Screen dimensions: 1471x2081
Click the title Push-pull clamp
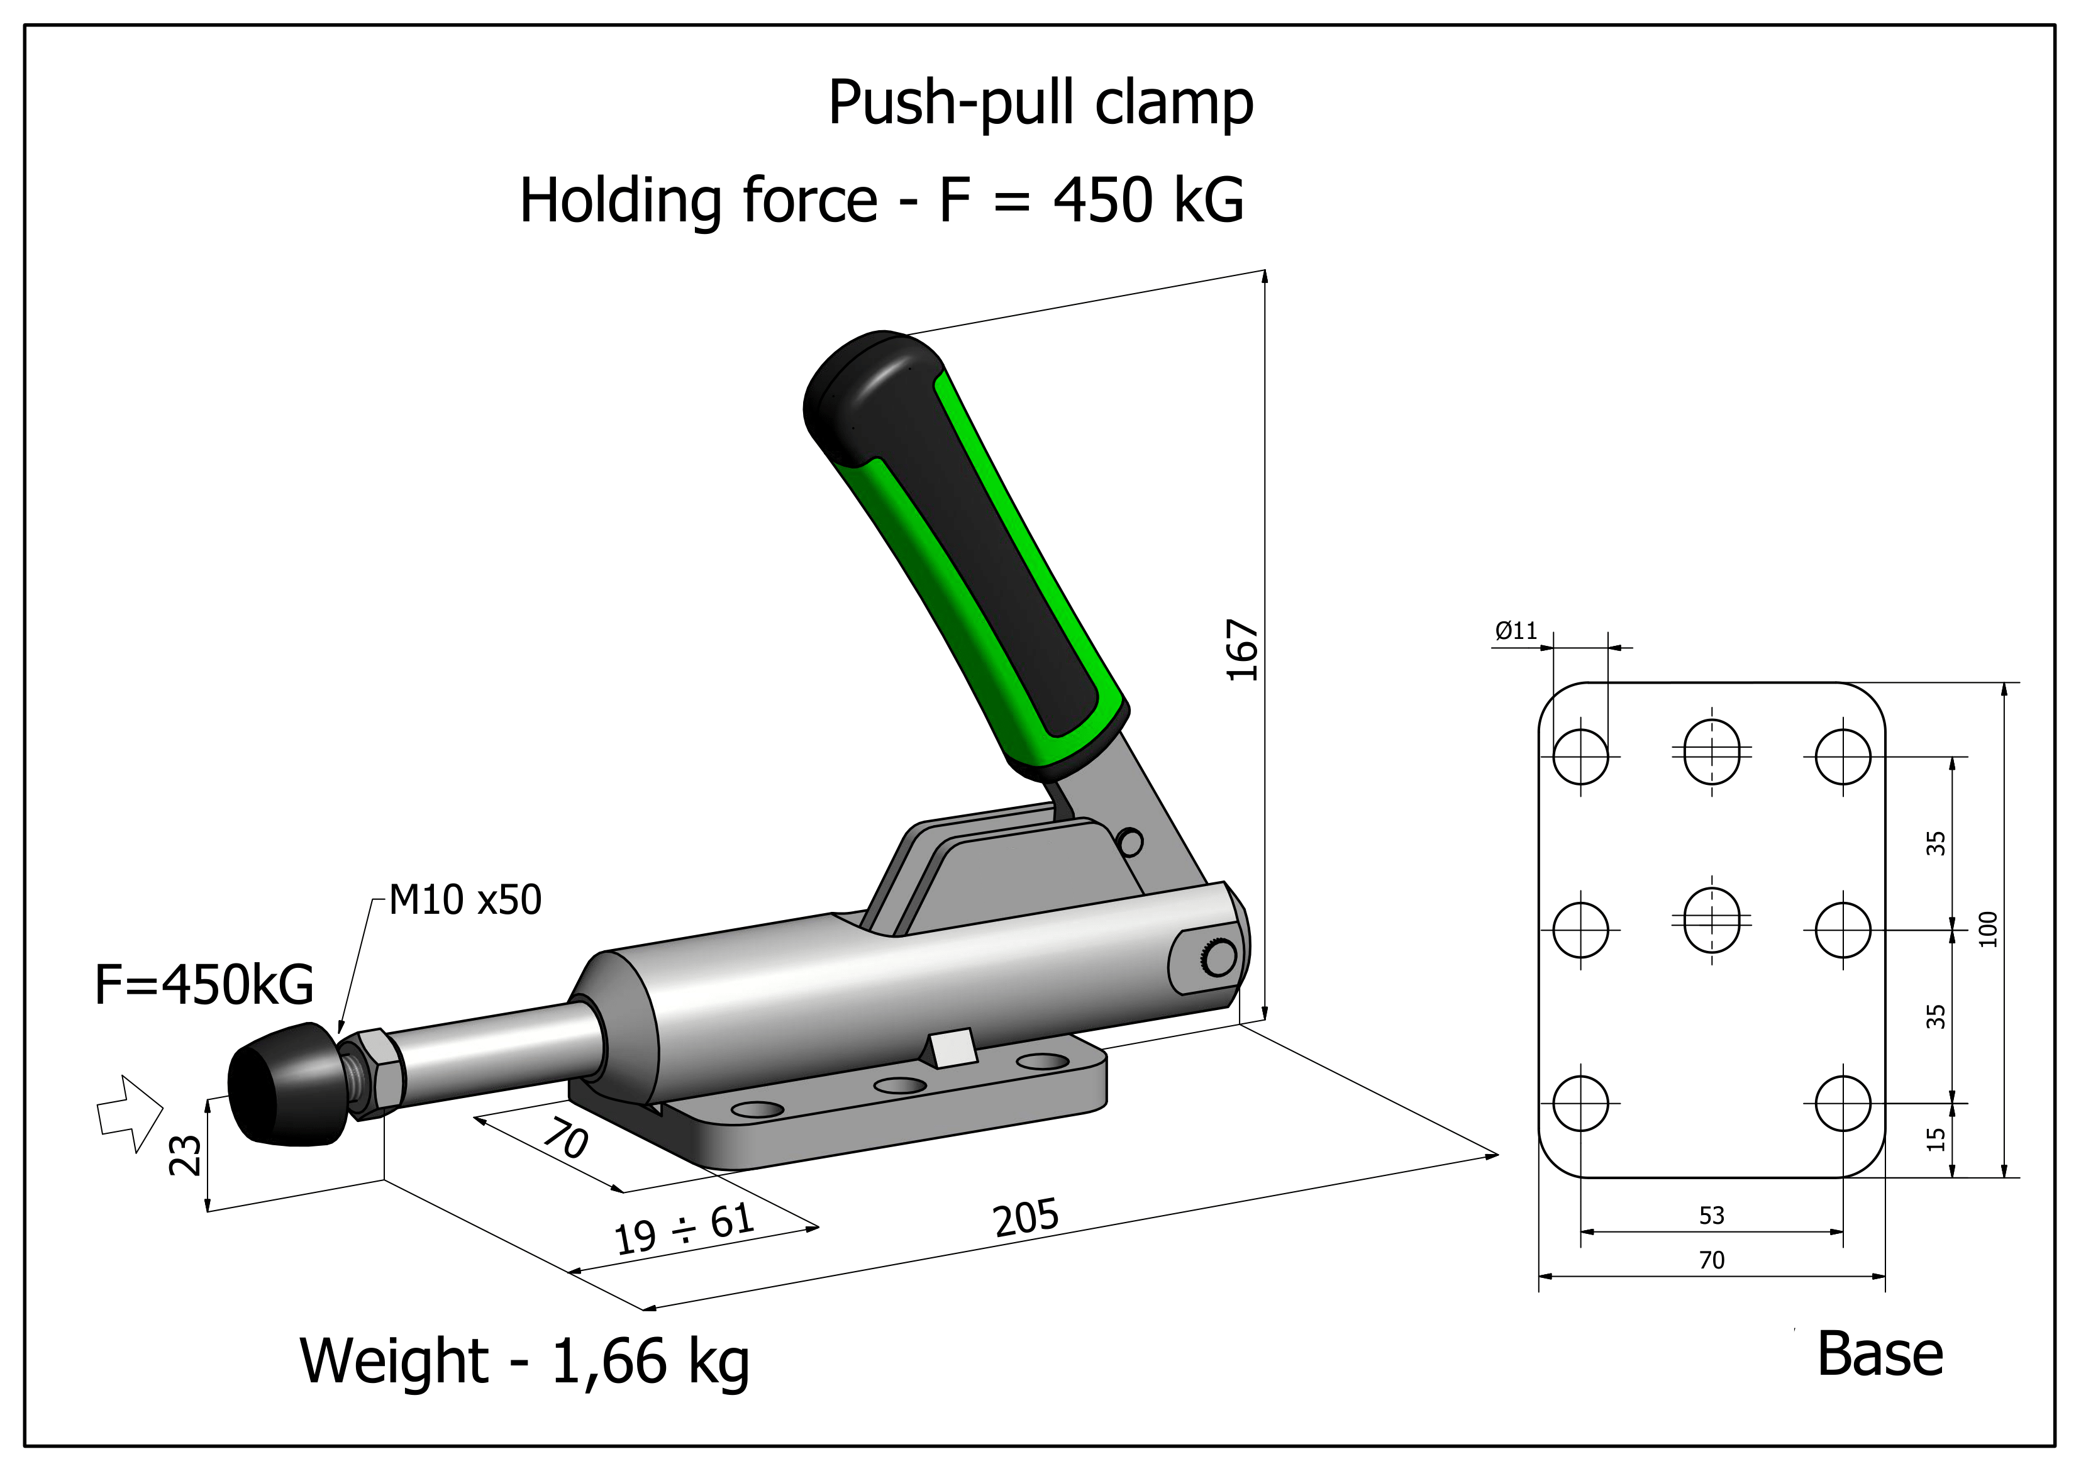click(1040, 103)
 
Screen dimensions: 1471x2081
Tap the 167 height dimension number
click(1241, 650)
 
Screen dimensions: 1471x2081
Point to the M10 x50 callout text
click(465, 900)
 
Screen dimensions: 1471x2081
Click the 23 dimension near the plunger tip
click(186, 1155)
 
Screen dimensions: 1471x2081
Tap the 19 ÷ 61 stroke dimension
click(684, 1228)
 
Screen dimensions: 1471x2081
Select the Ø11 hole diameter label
click(1516, 631)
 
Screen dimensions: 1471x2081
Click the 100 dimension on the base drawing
click(1988, 929)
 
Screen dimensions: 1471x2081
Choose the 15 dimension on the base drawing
click(1936, 1140)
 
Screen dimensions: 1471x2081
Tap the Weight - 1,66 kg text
click(524, 1362)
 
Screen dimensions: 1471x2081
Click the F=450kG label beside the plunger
click(204, 985)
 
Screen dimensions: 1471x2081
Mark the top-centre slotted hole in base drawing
click(1711, 750)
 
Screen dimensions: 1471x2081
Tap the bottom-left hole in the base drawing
click(1580, 1103)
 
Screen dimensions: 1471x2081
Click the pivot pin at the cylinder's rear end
click(1221, 956)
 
